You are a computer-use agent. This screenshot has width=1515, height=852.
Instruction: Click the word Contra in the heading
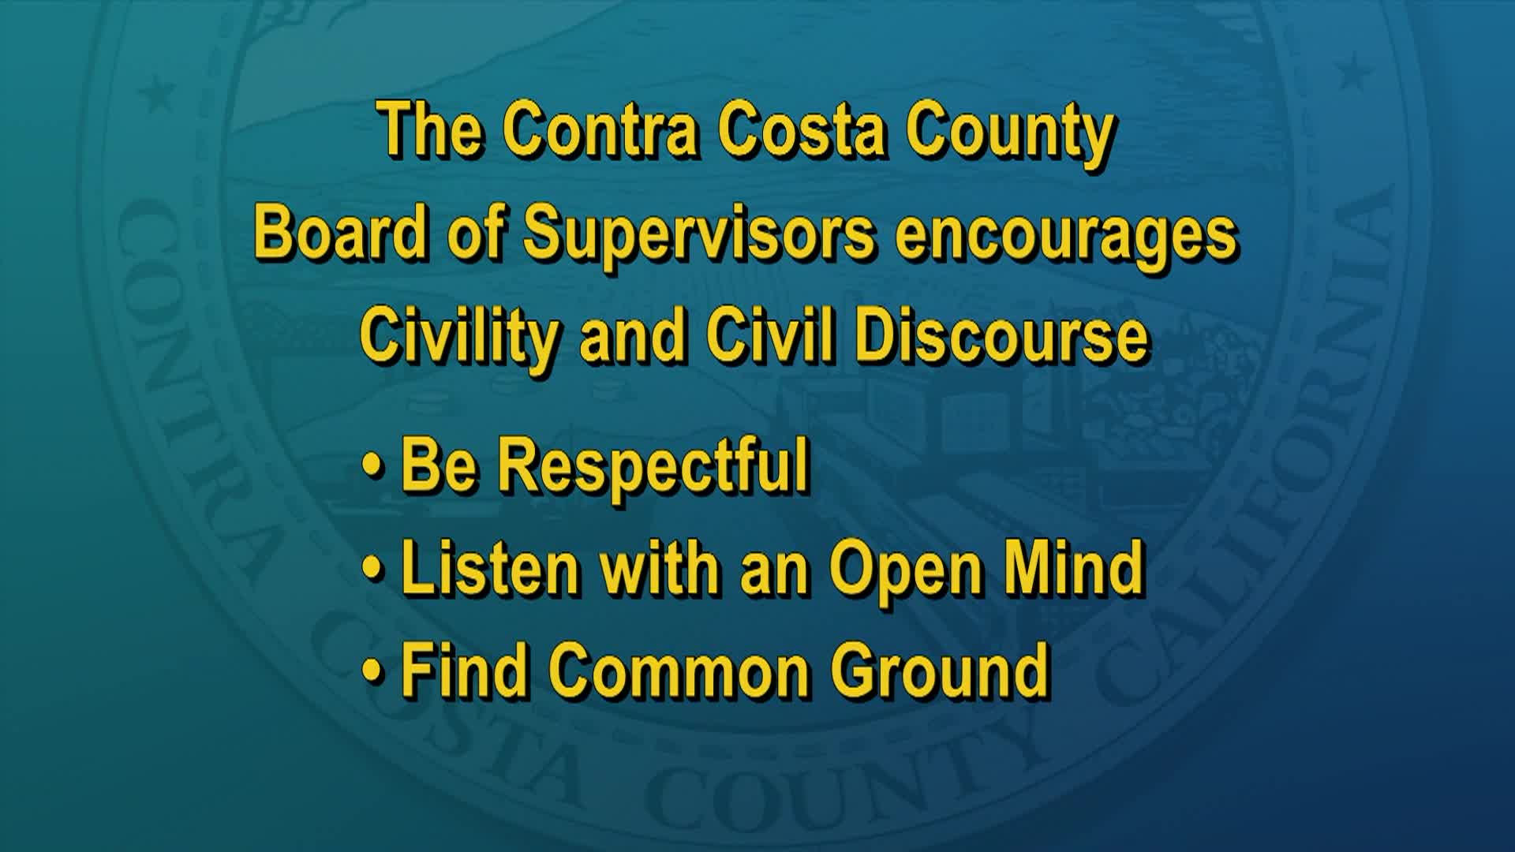pyautogui.click(x=601, y=130)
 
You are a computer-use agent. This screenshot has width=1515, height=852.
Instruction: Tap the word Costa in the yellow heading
pyautogui.click(x=802, y=130)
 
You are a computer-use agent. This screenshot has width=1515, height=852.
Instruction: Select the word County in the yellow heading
pyautogui.click(x=1008, y=133)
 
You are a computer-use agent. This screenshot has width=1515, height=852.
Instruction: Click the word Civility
pyautogui.click(x=458, y=338)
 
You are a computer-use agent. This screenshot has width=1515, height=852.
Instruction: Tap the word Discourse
pyautogui.click(x=1001, y=336)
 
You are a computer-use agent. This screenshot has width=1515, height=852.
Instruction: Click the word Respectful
pyautogui.click(x=652, y=467)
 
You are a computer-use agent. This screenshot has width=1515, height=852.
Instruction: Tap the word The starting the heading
pyautogui.click(x=430, y=130)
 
